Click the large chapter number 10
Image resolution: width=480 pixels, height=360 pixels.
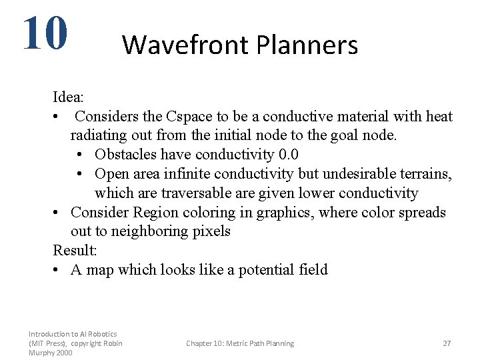pos(45,33)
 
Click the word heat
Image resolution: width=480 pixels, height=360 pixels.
pos(439,117)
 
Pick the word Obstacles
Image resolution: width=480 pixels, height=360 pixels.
pos(127,155)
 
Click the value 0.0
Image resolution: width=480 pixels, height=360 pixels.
pos(287,155)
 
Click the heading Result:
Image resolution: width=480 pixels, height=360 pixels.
pos(75,251)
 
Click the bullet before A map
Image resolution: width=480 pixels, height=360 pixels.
pos(57,270)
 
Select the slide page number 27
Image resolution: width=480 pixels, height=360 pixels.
pos(447,343)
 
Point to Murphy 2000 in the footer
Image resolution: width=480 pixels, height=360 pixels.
pos(51,353)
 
